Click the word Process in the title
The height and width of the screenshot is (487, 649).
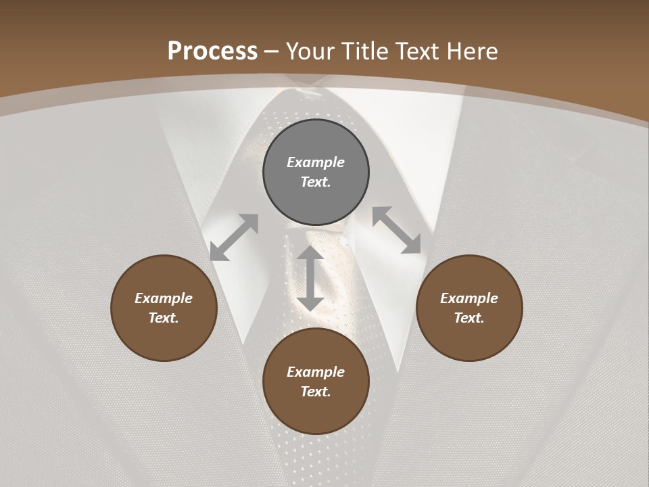[212, 51]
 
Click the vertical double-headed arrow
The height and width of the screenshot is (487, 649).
[310, 278]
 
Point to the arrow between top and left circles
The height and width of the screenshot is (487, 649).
[234, 237]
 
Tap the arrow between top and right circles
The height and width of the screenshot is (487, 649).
[397, 230]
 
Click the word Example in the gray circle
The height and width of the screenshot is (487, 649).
[316, 162]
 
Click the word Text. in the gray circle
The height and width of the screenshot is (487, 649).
[316, 182]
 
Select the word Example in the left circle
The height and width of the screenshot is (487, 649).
[164, 298]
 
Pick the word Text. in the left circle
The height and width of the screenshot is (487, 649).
[164, 318]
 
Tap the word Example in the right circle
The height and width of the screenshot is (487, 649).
[469, 298]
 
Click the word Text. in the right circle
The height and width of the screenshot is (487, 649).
[469, 318]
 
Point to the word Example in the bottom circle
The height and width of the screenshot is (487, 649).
[316, 372]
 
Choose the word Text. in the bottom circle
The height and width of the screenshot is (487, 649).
[316, 392]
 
